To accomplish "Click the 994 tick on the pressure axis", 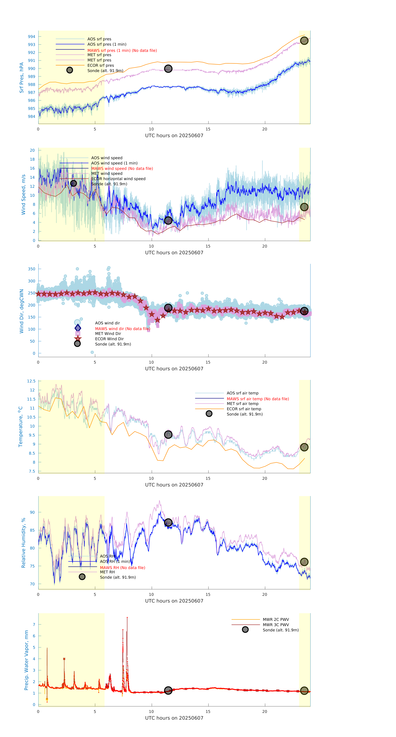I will (31, 37).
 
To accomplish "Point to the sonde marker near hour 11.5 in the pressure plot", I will (168, 69).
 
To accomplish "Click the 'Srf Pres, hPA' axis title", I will (21, 78).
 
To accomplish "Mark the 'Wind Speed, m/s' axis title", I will (24, 195).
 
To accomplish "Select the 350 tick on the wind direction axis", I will (31, 269).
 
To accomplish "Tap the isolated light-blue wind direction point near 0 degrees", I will (92, 352).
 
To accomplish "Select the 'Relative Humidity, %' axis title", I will (24, 543).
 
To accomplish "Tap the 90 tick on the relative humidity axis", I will (32, 512).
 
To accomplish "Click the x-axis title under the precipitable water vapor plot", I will (174, 718).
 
